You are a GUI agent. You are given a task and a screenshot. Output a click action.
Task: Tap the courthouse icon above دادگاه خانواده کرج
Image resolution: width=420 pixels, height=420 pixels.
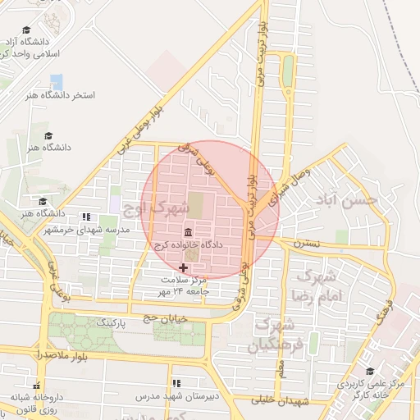tap(189, 232)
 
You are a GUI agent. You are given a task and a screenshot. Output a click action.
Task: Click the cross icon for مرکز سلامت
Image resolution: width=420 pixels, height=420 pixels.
tap(183, 267)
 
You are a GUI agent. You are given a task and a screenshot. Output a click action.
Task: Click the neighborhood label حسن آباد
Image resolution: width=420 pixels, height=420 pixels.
tap(349, 199)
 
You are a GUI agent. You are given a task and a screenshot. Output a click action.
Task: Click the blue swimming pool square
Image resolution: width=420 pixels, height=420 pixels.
tap(56, 82)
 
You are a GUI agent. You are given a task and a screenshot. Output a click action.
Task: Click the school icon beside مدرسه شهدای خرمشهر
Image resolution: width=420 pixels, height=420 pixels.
tap(87, 217)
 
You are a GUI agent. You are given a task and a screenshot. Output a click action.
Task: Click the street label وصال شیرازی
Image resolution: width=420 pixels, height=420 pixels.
tap(286, 185)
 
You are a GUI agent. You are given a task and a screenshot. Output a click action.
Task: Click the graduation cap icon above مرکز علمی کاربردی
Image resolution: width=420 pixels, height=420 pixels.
tap(370, 372)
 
